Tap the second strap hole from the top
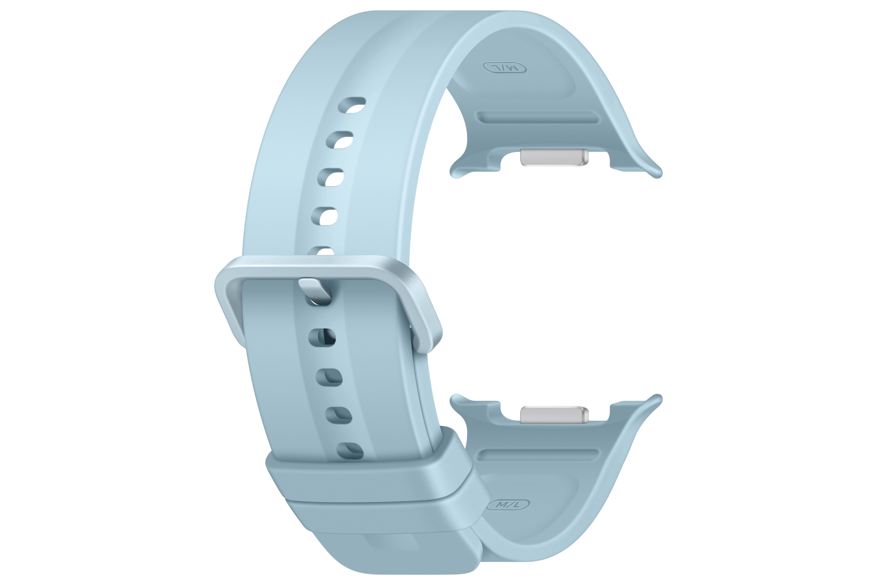point(340,140)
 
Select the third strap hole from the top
point(331,177)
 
